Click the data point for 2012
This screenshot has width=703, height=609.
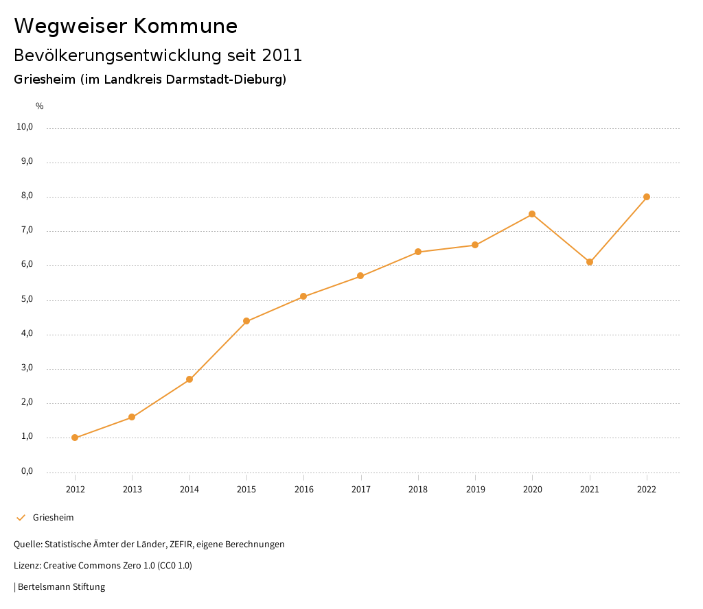pyautogui.click(x=75, y=438)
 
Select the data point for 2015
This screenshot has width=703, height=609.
pyautogui.click(x=246, y=321)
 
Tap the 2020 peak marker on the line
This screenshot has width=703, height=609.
pyautogui.click(x=532, y=214)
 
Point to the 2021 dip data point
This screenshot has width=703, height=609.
pyautogui.click(x=590, y=262)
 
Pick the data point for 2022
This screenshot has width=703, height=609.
pyautogui.click(x=647, y=197)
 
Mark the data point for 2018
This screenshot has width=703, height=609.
pyautogui.click(x=417, y=252)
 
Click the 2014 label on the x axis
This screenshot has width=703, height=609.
pyautogui.click(x=189, y=489)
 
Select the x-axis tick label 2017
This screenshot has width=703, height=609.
pyautogui.click(x=361, y=489)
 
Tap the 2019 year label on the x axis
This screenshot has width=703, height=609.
pyautogui.click(x=475, y=489)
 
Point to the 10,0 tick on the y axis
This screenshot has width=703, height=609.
pyautogui.click(x=25, y=127)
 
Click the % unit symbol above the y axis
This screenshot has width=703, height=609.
pyautogui.click(x=40, y=106)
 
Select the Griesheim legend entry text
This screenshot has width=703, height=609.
pyautogui.click(x=53, y=518)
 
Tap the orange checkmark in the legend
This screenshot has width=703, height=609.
pyautogui.click(x=21, y=518)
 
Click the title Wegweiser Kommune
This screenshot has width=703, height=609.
pyautogui.click(x=126, y=26)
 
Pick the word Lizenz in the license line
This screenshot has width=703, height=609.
pyautogui.click(x=26, y=566)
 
